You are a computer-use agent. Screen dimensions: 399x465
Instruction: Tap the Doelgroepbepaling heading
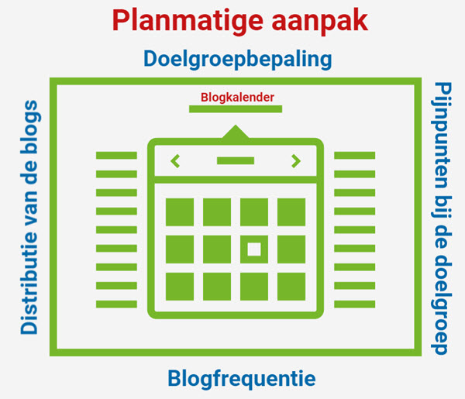tap(238, 59)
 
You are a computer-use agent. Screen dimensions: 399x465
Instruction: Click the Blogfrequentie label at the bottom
tap(242, 379)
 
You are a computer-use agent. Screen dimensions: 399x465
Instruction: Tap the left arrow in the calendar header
tap(175, 161)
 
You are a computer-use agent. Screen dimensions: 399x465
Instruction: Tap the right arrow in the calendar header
tap(296, 161)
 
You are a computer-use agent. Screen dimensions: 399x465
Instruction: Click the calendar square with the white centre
tap(254, 249)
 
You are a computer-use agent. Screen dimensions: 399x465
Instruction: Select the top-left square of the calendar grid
tap(180, 212)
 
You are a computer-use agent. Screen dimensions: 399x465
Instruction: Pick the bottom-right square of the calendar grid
tap(291, 285)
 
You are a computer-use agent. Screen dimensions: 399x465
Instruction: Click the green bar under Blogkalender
tap(235, 109)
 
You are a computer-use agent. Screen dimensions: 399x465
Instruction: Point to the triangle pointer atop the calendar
tap(235, 132)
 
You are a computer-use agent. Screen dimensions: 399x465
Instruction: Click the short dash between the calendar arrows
tap(236, 161)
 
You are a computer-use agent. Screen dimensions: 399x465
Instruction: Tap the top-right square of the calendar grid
tap(291, 212)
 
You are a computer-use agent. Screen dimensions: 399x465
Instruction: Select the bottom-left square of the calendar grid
tap(180, 285)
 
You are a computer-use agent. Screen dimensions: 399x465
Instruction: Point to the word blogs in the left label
tap(29, 124)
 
